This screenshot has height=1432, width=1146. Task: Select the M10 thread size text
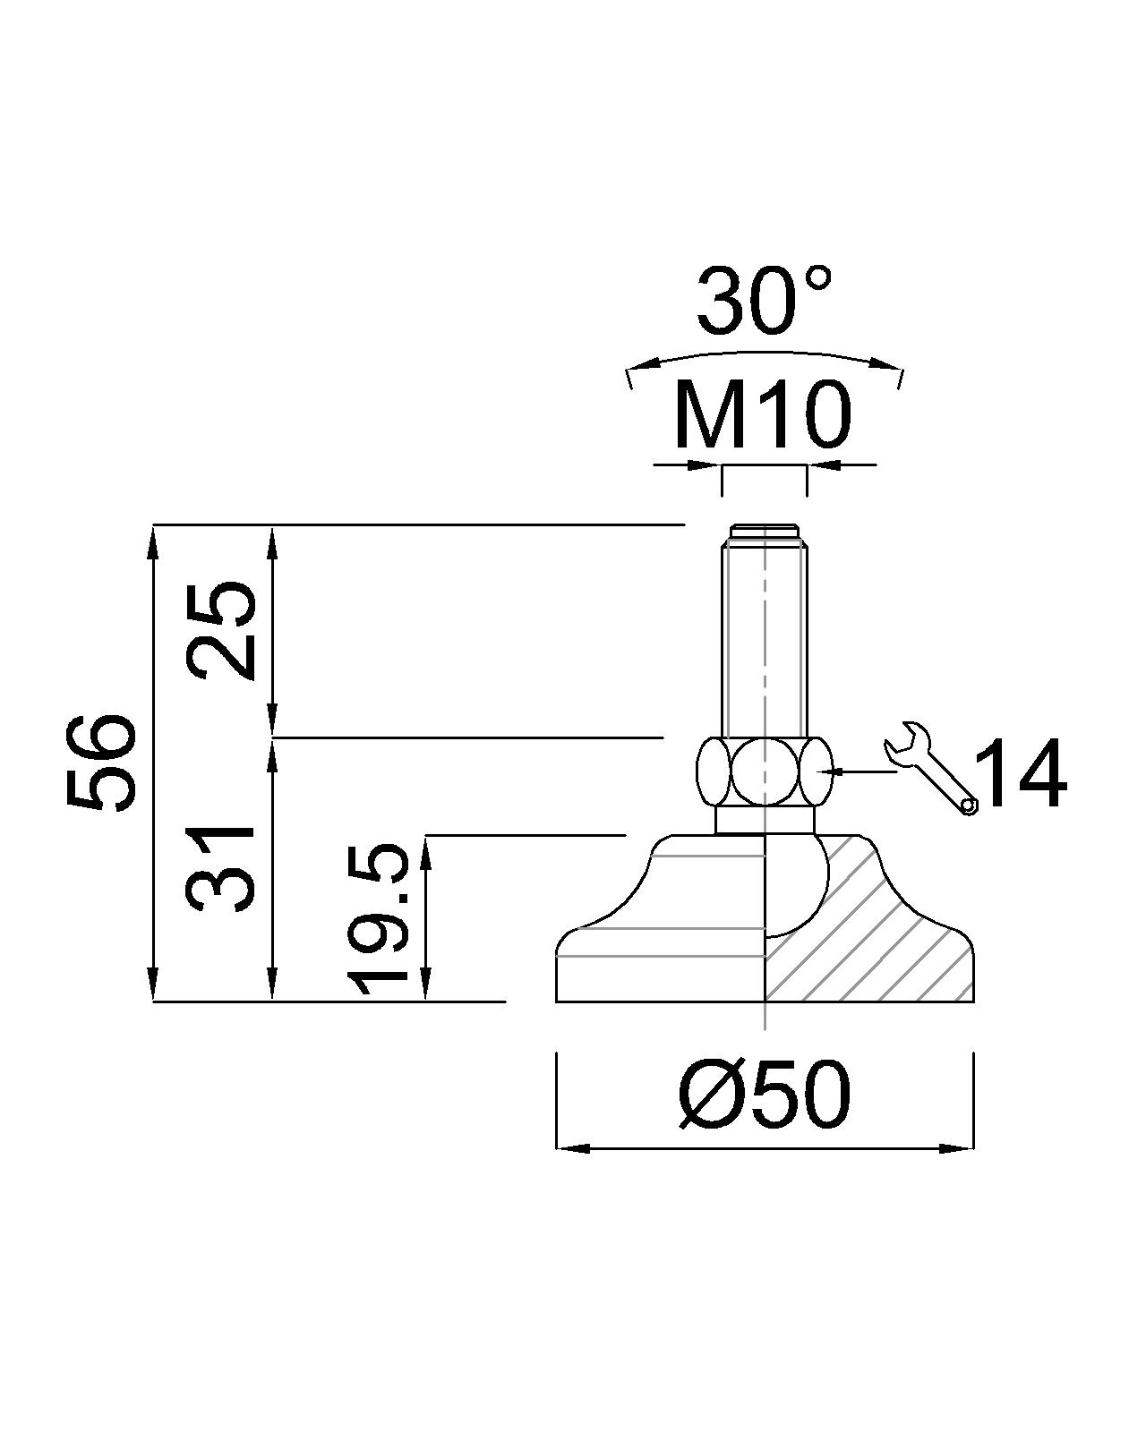(x=760, y=415)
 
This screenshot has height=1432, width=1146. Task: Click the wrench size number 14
(x=1020, y=775)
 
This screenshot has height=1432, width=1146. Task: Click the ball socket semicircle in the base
(x=797, y=886)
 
